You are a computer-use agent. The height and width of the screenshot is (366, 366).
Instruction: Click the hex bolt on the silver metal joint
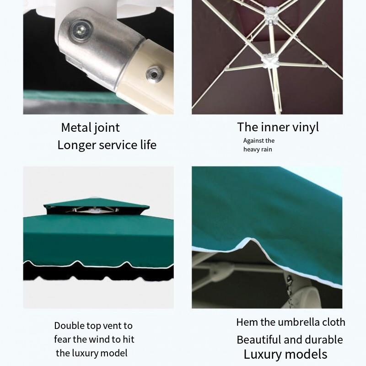click(x=81, y=30)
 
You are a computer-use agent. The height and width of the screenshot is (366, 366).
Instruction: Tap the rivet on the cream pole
click(x=154, y=74)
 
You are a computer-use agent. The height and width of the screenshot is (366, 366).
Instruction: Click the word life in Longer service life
click(x=148, y=145)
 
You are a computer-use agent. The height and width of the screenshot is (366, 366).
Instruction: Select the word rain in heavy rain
click(x=267, y=150)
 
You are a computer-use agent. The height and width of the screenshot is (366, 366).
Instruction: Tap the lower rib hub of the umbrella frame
click(x=270, y=61)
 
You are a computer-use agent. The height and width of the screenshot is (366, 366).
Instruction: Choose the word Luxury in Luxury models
click(x=261, y=355)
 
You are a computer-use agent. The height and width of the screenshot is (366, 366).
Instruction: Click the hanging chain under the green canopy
click(x=290, y=292)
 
